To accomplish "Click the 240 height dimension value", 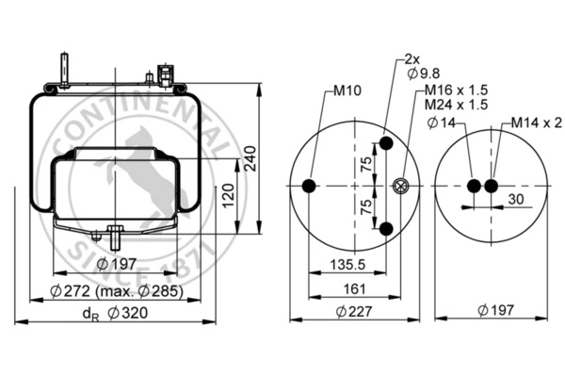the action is (250, 158).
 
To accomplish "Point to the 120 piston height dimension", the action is (228, 196).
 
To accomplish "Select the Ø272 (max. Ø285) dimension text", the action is (117, 291).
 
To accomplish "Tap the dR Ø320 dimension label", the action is (115, 313).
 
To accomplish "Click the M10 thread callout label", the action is (347, 90).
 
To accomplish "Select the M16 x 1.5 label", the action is (456, 90).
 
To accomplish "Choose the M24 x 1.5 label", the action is (456, 105).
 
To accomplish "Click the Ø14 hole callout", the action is (442, 123).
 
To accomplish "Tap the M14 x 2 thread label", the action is (536, 123).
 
